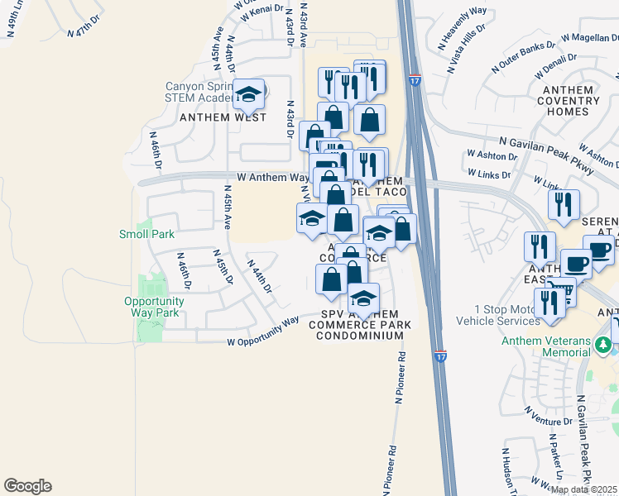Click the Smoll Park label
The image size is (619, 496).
click(146, 234)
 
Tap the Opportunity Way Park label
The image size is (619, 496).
click(157, 307)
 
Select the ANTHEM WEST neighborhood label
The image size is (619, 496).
click(223, 117)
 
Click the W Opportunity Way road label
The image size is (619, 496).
click(262, 332)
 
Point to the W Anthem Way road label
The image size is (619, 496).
click(272, 177)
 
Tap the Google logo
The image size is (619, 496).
click(27, 486)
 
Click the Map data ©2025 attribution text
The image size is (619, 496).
click(584, 489)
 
